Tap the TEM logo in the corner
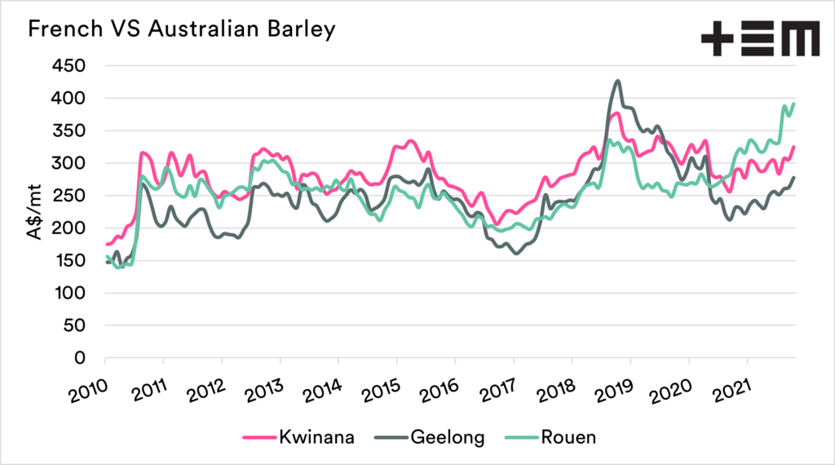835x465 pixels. click(x=760, y=39)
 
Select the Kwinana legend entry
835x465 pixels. click(x=298, y=437)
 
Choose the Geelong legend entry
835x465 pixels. click(x=430, y=437)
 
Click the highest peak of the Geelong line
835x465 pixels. click(x=617, y=81)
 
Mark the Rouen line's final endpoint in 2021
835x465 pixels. click(x=793, y=104)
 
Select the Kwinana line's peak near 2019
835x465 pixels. click(x=616, y=113)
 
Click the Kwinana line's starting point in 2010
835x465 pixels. click(x=107, y=244)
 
